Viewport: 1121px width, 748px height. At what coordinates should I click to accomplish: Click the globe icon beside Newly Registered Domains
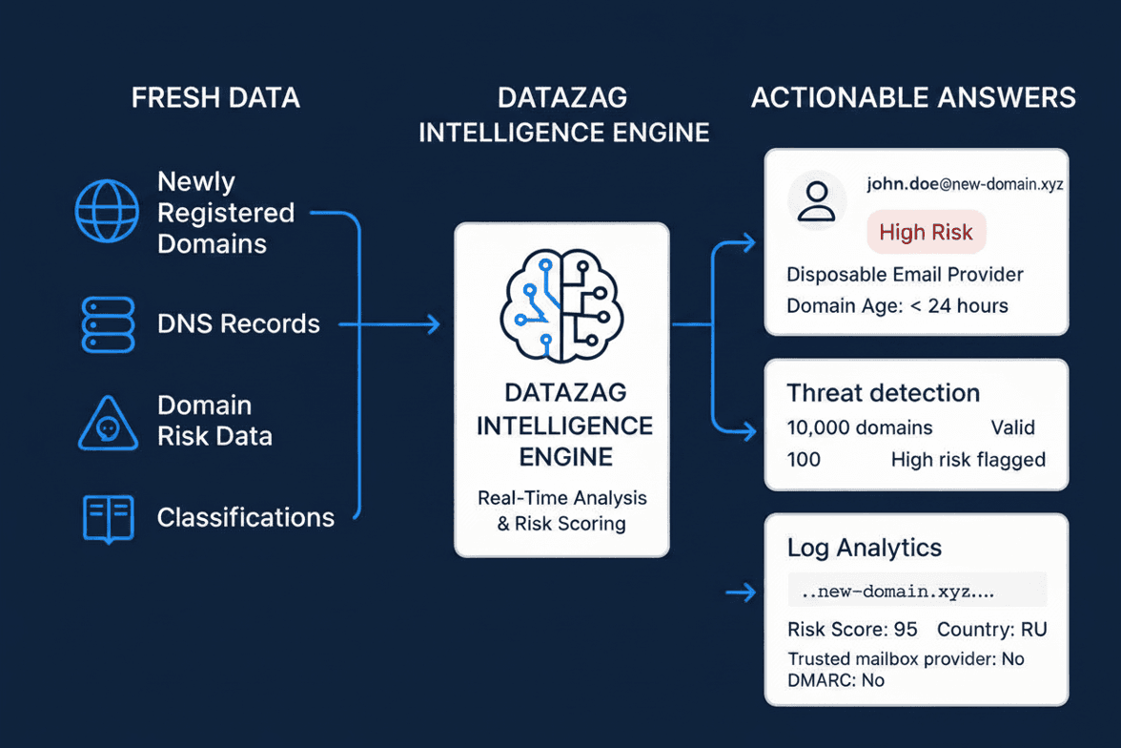107,211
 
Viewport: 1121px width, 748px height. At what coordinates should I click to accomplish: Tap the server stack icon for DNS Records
108,324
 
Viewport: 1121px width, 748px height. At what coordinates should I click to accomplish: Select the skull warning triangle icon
108,424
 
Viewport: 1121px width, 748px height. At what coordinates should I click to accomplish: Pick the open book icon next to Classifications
108,518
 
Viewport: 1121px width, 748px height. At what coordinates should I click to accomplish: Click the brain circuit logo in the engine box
562,305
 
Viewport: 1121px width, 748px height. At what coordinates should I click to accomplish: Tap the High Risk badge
926,232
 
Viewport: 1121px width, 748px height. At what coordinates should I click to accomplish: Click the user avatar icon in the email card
816,200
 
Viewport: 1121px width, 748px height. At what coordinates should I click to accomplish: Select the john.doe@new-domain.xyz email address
965,184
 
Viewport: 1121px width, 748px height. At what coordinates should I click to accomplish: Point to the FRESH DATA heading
215,97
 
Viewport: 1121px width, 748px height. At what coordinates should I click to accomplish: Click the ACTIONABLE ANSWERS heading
913,97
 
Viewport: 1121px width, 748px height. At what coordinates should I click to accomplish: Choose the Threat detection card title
883,393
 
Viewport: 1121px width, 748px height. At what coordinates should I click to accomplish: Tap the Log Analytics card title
865,548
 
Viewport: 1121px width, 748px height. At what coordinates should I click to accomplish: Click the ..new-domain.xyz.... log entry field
917,592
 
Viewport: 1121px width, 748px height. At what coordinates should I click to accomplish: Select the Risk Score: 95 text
852,629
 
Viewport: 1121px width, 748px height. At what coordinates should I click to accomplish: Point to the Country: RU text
992,629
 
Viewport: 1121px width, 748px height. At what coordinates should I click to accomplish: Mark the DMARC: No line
836,680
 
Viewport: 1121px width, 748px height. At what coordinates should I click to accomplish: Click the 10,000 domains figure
860,427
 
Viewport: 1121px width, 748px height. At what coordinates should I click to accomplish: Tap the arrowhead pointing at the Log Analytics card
748,592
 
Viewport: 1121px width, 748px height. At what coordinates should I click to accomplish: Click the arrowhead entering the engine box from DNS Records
433,324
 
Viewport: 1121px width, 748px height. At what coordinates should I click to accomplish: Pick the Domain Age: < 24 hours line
897,305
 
